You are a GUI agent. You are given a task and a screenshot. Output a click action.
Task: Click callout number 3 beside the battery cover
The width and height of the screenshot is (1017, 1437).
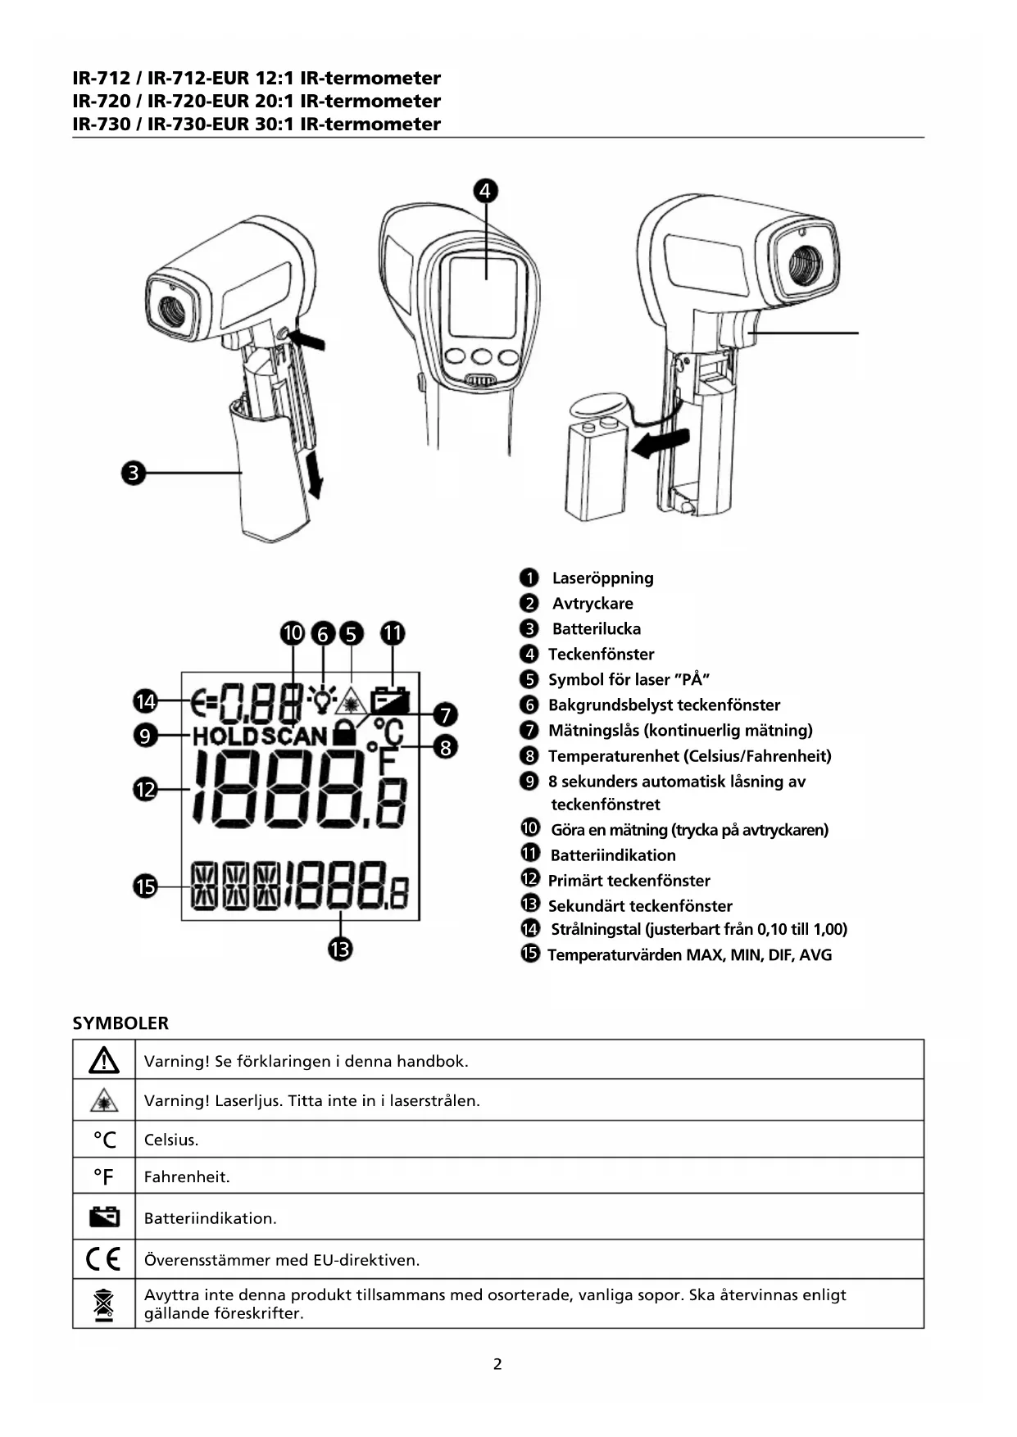point(134,473)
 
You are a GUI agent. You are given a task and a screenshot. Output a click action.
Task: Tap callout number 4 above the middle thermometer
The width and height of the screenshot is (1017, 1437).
point(485,191)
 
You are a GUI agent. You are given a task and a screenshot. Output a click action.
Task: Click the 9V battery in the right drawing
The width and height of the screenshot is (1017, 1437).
point(596,470)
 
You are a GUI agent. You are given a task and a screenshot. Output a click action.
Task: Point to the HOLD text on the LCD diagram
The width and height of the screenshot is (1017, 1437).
point(225,736)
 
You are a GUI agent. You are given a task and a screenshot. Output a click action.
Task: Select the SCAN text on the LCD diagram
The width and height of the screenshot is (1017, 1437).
point(295,736)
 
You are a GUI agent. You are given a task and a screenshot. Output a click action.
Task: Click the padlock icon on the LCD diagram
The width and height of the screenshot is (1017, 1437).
point(345,732)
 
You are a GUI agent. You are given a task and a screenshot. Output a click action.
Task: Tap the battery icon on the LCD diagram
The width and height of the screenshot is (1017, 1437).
point(390,700)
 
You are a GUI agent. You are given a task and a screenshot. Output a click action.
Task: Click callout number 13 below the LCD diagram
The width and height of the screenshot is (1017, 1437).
point(340,950)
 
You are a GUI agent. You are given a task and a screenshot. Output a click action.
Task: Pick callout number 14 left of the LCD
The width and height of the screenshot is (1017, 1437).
point(145,701)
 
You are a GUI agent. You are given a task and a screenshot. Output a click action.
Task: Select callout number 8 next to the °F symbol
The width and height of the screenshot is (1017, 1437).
point(445,747)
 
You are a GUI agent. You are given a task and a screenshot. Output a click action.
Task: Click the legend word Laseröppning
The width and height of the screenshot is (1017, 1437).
point(602,578)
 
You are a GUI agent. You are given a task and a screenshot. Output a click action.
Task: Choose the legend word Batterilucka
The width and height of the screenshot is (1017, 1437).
point(596,629)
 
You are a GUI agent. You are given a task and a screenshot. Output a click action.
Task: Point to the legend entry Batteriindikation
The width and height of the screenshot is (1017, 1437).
point(613,855)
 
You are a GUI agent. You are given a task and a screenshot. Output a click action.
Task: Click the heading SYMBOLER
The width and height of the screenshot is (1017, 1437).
point(120,1023)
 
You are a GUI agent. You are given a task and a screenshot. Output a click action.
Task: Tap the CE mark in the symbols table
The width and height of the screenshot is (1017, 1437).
point(103,1258)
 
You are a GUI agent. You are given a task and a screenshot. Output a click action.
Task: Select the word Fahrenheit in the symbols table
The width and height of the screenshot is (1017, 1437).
point(187,1177)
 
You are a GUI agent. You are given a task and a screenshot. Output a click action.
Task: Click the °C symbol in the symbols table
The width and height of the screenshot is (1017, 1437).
point(104,1140)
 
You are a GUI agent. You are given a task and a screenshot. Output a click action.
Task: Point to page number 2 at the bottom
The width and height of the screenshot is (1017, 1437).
point(497,1364)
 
